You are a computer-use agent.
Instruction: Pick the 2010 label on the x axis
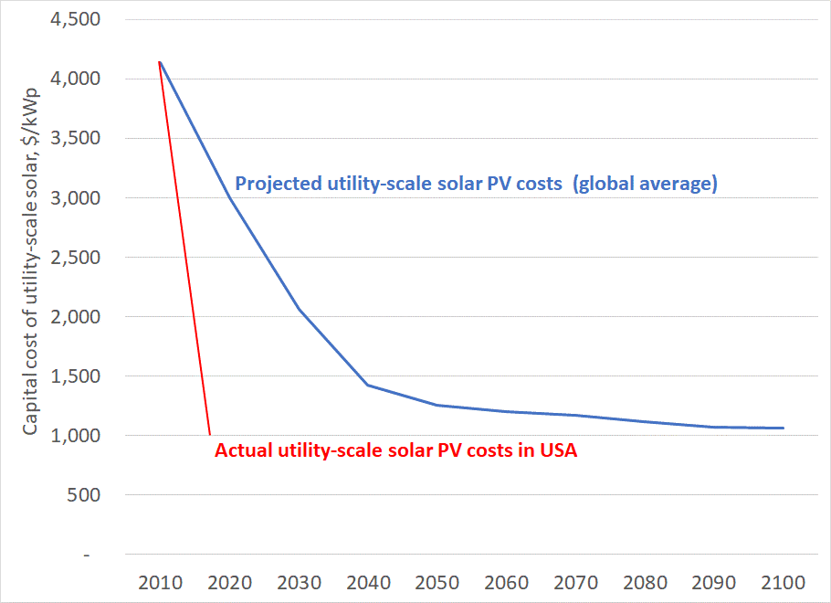[160, 583]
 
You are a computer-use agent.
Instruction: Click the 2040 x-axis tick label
[368, 583]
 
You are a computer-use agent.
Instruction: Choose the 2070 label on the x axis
[575, 583]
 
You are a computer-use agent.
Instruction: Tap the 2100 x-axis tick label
[783, 583]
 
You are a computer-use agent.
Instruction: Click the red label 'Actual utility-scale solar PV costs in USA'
[395, 450]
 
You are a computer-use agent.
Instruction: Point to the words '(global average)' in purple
[646, 184]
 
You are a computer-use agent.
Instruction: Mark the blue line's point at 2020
[230, 198]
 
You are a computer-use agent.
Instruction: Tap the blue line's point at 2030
[300, 310]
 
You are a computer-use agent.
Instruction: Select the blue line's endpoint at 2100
[784, 428]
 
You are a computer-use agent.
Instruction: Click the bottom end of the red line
[210, 435]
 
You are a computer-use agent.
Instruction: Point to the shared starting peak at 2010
[160, 61]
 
